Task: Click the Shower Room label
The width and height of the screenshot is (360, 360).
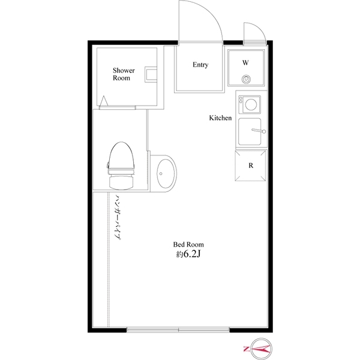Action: (124, 74)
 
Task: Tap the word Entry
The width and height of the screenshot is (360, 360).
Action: (200, 65)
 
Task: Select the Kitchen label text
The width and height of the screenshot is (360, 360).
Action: (220, 118)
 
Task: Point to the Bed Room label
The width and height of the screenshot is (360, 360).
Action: (188, 245)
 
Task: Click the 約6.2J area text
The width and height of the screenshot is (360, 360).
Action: (188, 255)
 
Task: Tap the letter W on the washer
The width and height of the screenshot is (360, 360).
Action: (245, 63)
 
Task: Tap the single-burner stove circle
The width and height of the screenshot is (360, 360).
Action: (251, 105)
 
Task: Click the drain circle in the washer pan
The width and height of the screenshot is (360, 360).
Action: (246, 79)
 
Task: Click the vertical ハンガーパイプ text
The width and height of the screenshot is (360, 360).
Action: (118, 217)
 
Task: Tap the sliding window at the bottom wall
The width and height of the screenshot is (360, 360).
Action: (179, 329)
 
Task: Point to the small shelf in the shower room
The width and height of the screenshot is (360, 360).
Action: (151, 75)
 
